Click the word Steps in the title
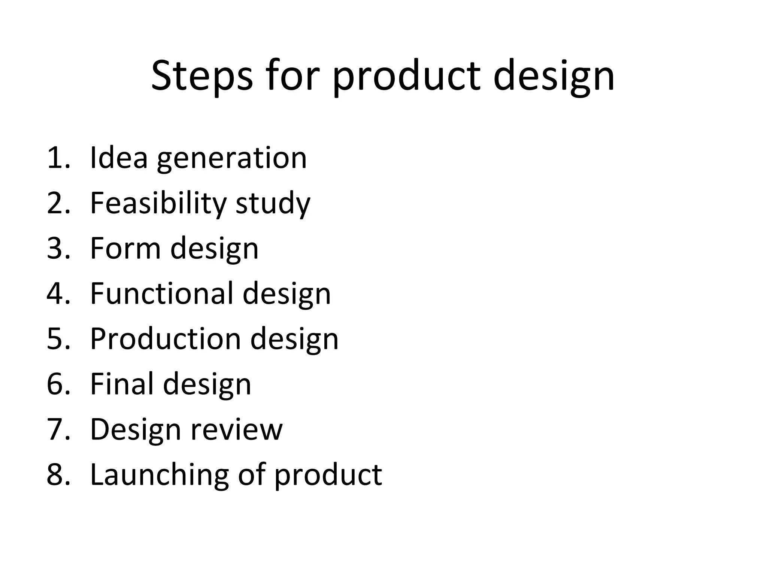(x=201, y=77)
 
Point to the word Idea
(x=119, y=158)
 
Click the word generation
(x=232, y=159)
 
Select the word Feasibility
(x=158, y=203)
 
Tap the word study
(x=273, y=204)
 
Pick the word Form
(x=125, y=249)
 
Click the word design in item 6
(x=207, y=385)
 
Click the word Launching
(x=159, y=475)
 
